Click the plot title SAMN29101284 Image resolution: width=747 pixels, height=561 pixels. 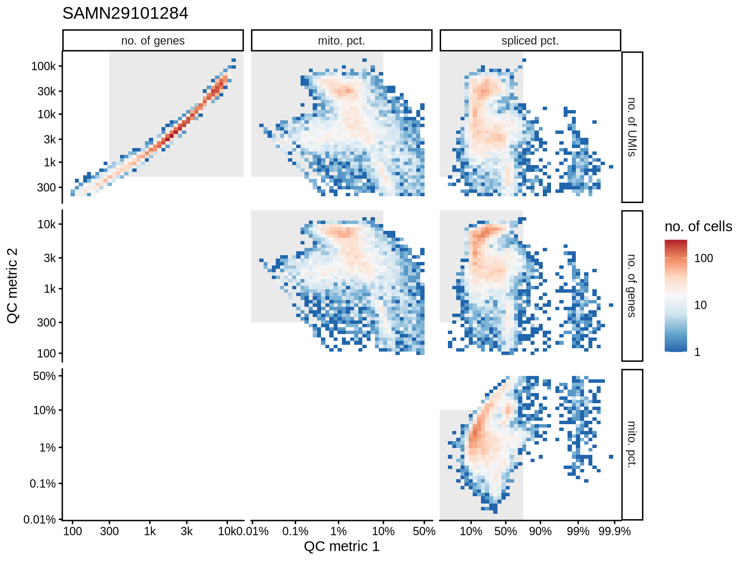(x=125, y=13)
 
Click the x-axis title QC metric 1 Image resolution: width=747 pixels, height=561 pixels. (x=341, y=546)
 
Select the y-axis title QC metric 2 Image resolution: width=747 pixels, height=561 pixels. (x=13, y=285)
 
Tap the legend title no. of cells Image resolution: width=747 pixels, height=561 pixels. (x=698, y=226)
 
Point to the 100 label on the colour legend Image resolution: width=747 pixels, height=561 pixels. (x=704, y=258)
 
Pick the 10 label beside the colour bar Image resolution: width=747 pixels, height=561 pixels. (x=700, y=305)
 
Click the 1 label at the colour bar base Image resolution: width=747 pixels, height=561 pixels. (x=697, y=352)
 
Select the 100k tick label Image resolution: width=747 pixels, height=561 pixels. (x=44, y=66)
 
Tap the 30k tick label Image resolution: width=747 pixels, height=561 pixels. (x=47, y=91)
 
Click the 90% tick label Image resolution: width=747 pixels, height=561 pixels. (x=540, y=531)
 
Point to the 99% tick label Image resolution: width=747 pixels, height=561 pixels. (x=578, y=531)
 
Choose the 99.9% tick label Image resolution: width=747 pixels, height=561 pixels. (x=615, y=531)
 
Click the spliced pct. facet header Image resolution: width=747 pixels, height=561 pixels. (x=530, y=41)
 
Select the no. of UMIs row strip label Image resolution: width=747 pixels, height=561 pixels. (x=632, y=127)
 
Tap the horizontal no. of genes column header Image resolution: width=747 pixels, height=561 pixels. (x=153, y=41)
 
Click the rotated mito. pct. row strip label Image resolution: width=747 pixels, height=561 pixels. (x=632, y=444)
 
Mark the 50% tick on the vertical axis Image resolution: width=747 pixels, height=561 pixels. (x=44, y=376)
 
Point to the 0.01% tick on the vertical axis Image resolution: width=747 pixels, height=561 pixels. (x=40, y=520)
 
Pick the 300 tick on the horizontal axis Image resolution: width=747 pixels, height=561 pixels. (x=109, y=531)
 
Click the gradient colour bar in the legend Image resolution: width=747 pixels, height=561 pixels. (x=676, y=296)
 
